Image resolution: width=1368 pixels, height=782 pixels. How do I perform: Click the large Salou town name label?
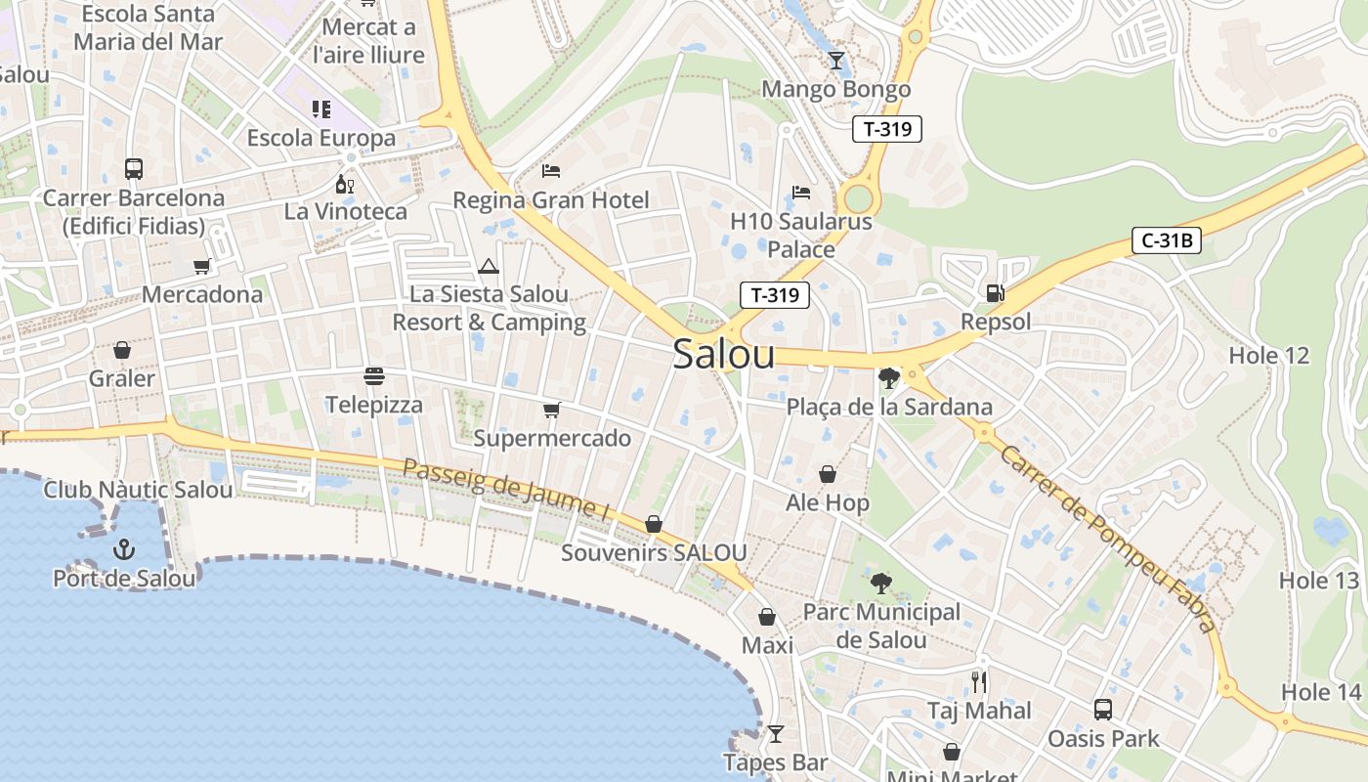(x=724, y=355)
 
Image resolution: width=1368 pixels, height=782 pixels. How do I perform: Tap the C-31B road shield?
(x=1166, y=240)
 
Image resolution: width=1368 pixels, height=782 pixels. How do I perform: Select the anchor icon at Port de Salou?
(x=123, y=548)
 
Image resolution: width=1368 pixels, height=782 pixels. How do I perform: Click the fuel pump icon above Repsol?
(x=995, y=292)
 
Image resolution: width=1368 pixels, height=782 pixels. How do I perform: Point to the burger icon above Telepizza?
(x=373, y=375)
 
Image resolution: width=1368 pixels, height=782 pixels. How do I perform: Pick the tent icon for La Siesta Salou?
(x=489, y=265)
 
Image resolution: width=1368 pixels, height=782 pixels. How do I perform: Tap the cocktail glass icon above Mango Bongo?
(x=835, y=61)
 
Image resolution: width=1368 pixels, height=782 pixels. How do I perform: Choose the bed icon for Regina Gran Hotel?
(x=551, y=171)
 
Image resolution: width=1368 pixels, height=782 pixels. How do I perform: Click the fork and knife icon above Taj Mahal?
(x=979, y=681)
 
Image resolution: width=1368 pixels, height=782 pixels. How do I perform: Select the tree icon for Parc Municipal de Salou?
(x=881, y=584)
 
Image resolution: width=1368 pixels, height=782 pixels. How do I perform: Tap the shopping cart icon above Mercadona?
(x=202, y=266)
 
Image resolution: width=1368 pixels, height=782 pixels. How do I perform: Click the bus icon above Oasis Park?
(x=1103, y=709)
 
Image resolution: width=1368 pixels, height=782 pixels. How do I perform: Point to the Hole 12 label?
(x=1268, y=355)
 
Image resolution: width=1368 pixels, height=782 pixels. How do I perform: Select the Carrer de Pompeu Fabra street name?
(x=1109, y=538)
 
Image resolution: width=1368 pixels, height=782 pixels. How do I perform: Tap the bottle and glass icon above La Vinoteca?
(x=344, y=184)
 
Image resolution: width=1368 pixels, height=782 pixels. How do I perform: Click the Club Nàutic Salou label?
(x=138, y=490)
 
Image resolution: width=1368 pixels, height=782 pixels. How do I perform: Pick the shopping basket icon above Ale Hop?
(x=828, y=474)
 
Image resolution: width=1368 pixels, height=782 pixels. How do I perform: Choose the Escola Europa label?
(x=321, y=138)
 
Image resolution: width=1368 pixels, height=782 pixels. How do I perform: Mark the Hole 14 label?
(x=1321, y=692)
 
